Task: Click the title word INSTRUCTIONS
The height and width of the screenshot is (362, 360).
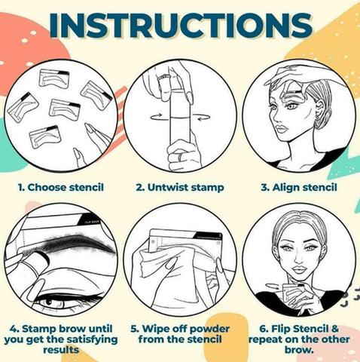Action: (x=181, y=25)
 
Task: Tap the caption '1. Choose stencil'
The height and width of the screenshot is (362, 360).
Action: (x=61, y=188)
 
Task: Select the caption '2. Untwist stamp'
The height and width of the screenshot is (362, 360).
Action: (x=180, y=188)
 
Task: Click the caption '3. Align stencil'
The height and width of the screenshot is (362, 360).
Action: (x=299, y=188)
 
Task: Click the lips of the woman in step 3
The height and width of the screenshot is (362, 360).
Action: (x=281, y=129)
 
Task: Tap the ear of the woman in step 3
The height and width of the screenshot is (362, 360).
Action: (x=319, y=111)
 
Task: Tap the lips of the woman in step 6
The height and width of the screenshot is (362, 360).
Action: (x=299, y=270)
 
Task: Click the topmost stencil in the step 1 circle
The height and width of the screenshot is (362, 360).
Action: (x=54, y=78)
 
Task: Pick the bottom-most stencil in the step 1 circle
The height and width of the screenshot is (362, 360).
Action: (x=45, y=137)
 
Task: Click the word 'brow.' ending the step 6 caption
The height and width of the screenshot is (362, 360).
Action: (x=299, y=350)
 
